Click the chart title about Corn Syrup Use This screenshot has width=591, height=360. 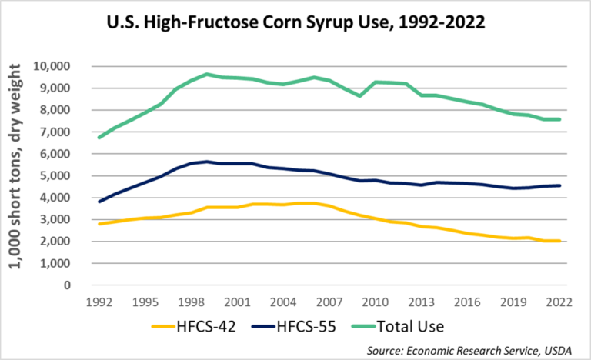[295, 23]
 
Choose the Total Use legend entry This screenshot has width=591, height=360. [415, 326]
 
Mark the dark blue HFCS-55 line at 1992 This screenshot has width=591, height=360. [99, 202]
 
